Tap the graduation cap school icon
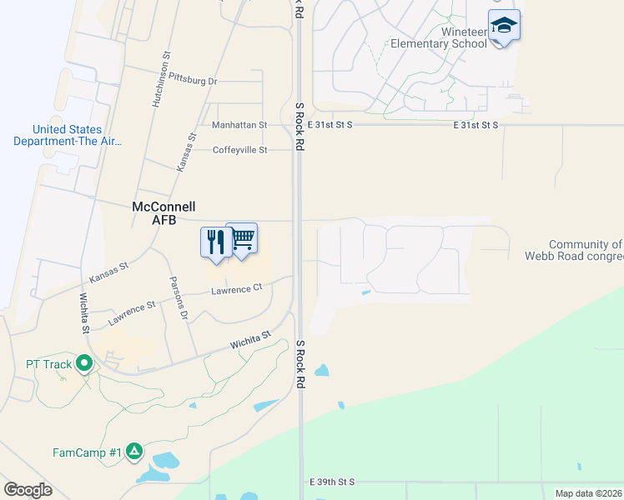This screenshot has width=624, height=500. click(x=504, y=27)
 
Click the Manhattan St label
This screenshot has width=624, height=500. click(x=239, y=125)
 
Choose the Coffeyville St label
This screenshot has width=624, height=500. click(x=239, y=150)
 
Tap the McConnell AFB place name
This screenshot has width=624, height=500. click(x=164, y=212)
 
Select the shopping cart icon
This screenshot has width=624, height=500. click(x=242, y=239)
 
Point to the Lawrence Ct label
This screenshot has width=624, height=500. click(x=236, y=288)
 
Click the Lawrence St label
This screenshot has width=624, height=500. click(x=132, y=314)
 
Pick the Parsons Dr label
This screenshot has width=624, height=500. click(x=179, y=298)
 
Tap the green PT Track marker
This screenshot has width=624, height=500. click(x=83, y=363)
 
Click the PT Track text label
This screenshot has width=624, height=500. click(x=48, y=364)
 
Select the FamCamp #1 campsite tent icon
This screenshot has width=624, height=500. click(x=134, y=452)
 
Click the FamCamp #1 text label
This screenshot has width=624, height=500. click(x=88, y=452)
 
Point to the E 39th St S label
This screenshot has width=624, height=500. click(x=332, y=482)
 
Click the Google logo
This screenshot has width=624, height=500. click(x=28, y=490)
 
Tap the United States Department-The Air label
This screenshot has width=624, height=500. click(x=68, y=135)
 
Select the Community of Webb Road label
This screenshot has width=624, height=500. click(x=574, y=250)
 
